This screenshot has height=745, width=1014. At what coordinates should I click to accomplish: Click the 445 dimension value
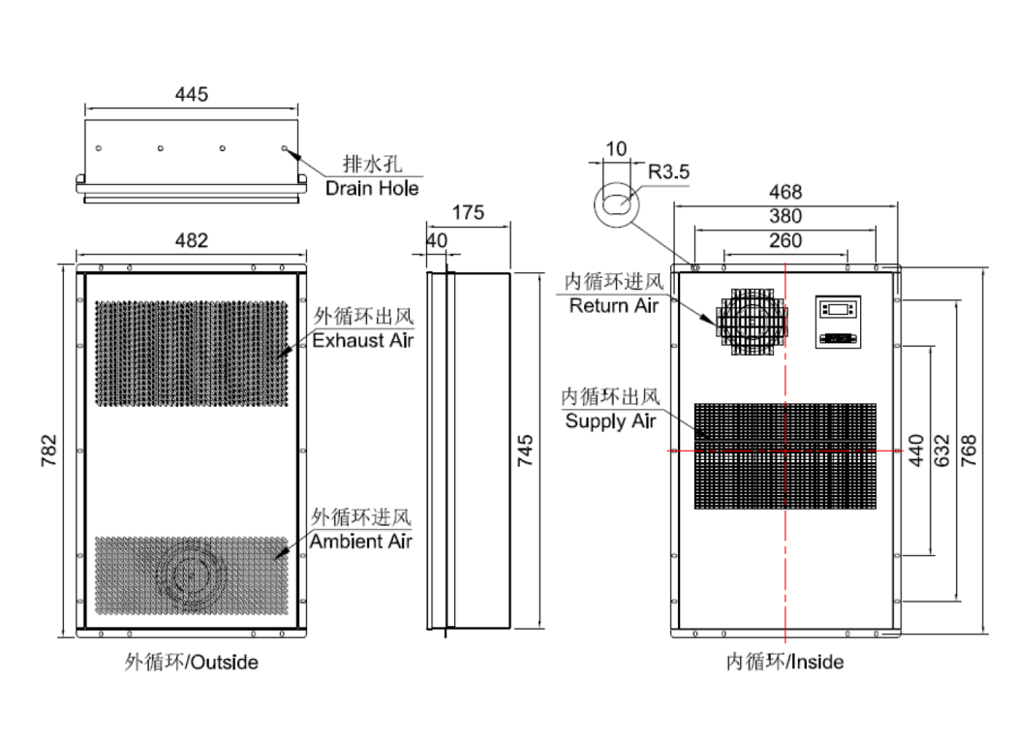click(x=191, y=95)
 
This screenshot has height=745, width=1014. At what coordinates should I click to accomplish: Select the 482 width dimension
click(x=191, y=240)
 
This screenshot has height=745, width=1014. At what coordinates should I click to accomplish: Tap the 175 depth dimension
click(x=468, y=214)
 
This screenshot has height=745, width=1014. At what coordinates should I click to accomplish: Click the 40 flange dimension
click(x=437, y=239)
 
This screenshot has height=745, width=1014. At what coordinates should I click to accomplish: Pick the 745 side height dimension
click(x=525, y=450)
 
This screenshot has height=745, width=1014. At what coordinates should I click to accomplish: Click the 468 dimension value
click(x=784, y=193)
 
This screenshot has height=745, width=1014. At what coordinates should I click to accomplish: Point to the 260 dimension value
click(x=784, y=240)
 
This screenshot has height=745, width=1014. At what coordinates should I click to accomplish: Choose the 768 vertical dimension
click(x=968, y=450)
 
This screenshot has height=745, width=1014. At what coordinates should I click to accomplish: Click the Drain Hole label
click(x=372, y=188)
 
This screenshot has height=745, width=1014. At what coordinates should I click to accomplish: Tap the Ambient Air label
click(x=361, y=542)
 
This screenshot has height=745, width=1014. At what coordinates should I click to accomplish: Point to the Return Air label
click(x=613, y=306)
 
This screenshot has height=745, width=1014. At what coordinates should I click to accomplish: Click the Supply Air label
click(x=610, y=421)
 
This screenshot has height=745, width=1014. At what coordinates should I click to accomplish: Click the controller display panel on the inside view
click(x=839, y=310)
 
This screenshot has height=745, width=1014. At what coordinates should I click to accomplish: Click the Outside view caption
click(x=191, y=663)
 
